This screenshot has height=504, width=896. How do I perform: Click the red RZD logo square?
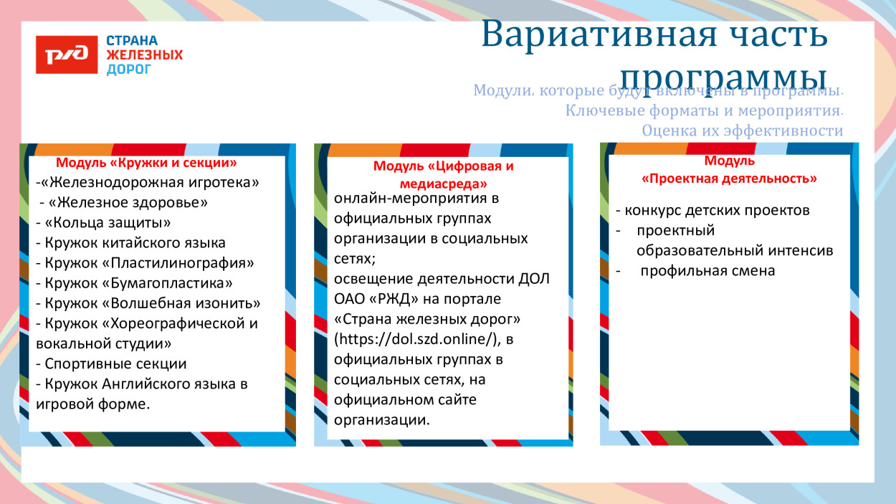(67, 54)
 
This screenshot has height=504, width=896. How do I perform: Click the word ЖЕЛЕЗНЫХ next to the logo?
(144, 55)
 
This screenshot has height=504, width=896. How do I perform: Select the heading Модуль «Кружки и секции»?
(146, 163)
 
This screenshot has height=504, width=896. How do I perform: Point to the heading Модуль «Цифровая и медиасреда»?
(443, 174)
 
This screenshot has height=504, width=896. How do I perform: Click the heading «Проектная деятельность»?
(729, 178)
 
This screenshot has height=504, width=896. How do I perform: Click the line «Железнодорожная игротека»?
(148, 183)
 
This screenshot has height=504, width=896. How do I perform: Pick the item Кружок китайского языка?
(130, 243)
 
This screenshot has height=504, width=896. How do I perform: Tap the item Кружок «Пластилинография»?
(145, 263)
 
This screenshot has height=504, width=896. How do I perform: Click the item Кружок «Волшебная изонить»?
(148, 303)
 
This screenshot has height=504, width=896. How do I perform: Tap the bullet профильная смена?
(707, 271)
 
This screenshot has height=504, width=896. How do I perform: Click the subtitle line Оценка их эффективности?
(742, 130)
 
